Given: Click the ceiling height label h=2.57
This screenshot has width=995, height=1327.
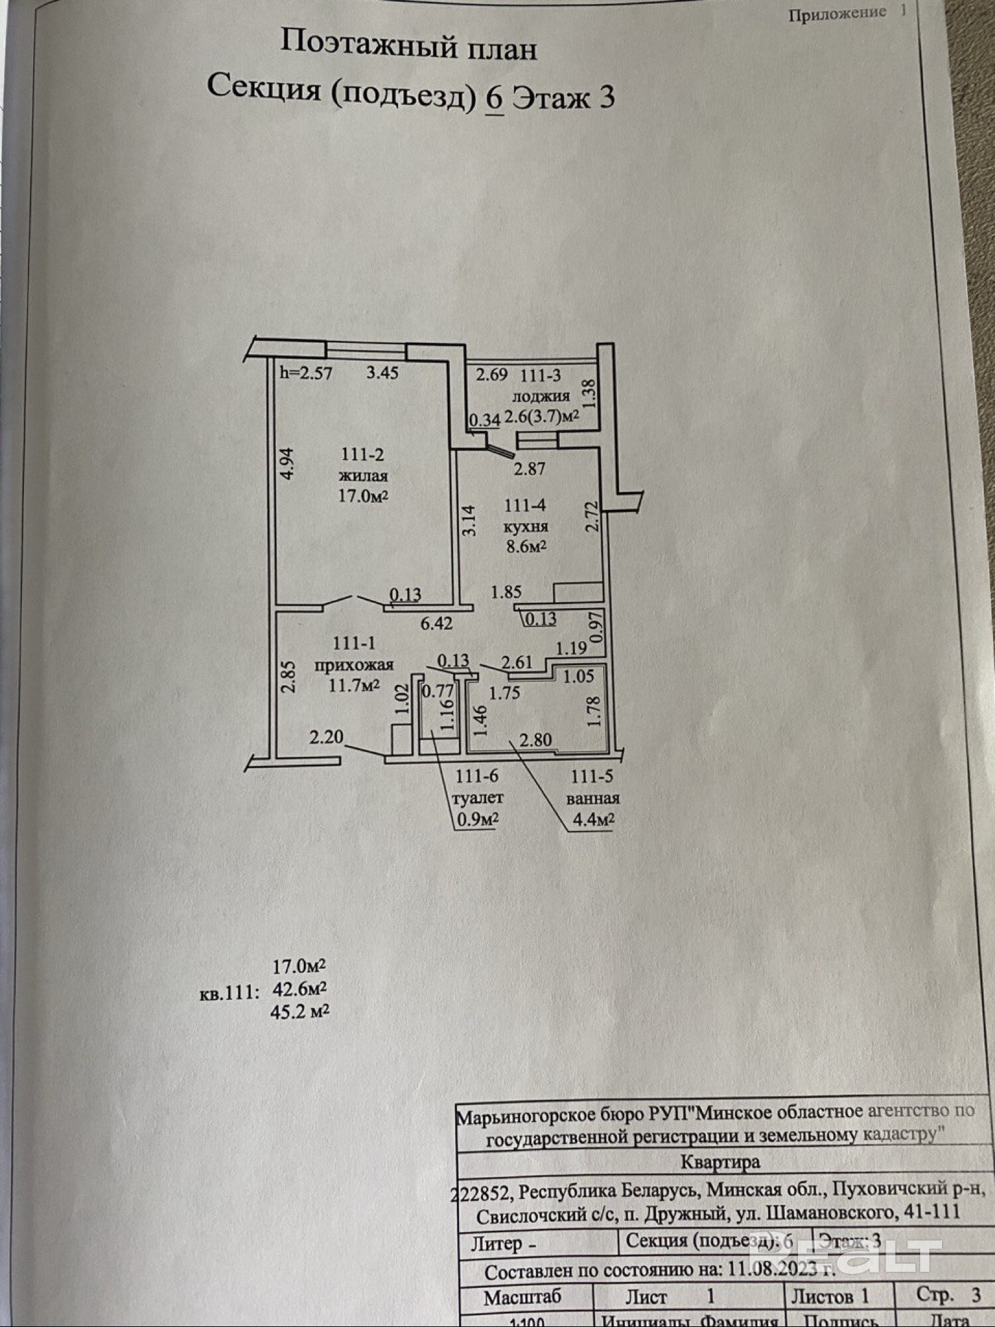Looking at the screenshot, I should [306, 373].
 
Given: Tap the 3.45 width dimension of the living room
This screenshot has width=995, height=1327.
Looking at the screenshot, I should [383, 373].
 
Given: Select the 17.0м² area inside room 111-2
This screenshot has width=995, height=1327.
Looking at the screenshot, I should [363, 496].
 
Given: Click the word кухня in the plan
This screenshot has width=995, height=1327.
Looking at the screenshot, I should [525, 527].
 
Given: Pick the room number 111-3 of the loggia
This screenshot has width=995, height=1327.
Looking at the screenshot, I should [540, 375].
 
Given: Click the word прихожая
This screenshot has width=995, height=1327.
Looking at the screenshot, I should [354, 664].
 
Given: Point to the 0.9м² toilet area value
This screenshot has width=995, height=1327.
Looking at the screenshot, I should [478, 820].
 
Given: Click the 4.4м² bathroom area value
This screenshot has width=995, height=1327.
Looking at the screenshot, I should [593, 820].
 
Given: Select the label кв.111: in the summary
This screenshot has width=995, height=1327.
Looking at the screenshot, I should [228, 993].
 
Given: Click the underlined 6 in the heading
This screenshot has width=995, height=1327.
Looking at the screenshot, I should [495, 98].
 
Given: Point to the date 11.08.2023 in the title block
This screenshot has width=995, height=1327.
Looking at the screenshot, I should [773, 1270].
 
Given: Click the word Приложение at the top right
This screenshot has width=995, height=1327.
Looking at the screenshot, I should [837, 14].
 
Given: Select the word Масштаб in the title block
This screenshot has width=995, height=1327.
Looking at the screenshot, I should [522, 1297].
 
